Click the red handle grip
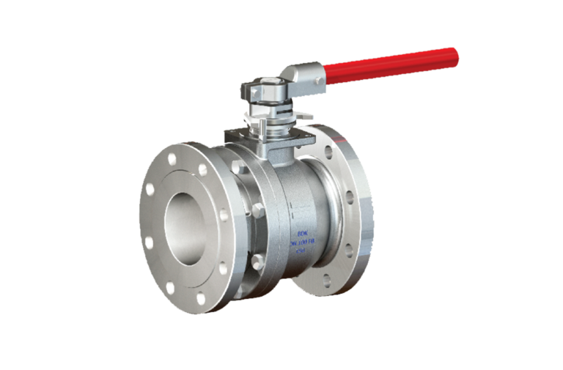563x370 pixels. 392,64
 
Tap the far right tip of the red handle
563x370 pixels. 455,53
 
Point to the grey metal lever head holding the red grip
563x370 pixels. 301,76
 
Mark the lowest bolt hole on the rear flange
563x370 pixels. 327,279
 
